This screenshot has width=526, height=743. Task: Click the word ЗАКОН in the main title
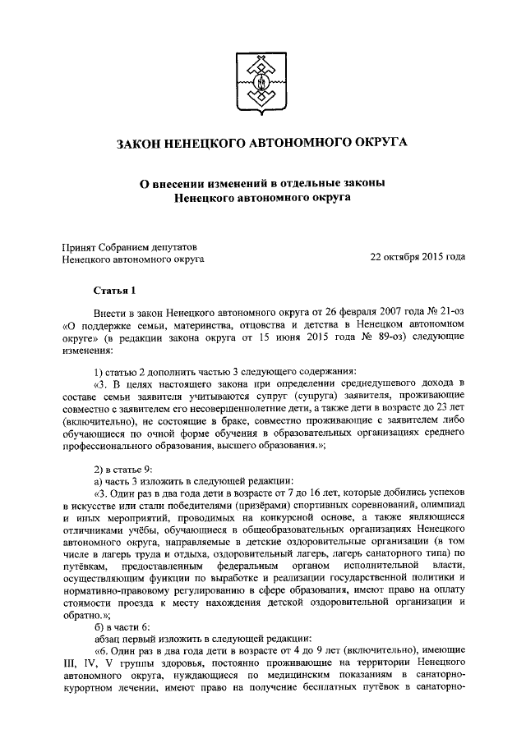[x=145, y=144]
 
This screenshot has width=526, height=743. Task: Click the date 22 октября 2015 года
[x=418, y=258]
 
